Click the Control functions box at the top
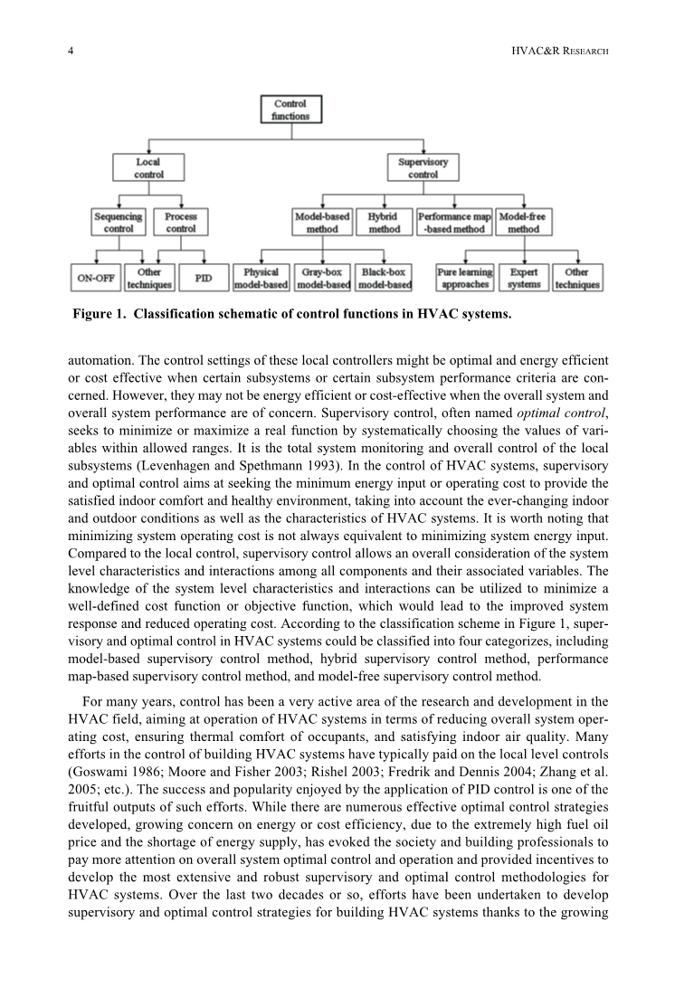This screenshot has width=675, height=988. click(x=290, y=109)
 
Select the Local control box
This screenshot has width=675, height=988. click(x=148, y=168)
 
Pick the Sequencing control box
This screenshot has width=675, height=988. click(x=119, y=223)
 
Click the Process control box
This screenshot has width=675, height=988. click(x=181, y=223)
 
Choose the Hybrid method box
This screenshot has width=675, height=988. click(x=385, y=223)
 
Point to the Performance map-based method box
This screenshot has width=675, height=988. click(x=454, y=223)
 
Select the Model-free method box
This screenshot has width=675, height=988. click(x=523, y=223)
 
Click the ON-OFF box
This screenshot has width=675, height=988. click(x=94, y=278)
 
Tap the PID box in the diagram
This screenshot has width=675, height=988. click(x=204, y=278)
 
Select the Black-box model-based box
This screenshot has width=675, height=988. click(x=384, y=278)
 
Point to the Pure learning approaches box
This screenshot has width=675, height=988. click(x=465, y=278)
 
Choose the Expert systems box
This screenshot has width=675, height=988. click(x=524, y=278)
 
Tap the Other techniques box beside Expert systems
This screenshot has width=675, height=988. click(x=577, y=278)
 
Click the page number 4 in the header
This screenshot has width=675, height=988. click(x=71, y=52)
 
